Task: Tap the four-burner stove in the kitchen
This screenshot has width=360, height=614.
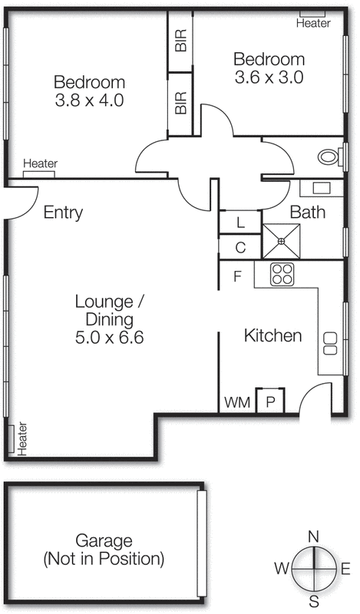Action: tap(282, 273)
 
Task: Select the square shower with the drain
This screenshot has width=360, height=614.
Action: tap(282, 241)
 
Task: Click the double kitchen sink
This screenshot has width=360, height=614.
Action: tap(332, 342)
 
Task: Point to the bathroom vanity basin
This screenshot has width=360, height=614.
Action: tap(321, 187)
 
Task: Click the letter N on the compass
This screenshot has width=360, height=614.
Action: tap(313, 536)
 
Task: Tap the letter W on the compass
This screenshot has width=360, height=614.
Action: tap(282, 569)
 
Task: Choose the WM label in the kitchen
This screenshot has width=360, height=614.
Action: tap(236, 402)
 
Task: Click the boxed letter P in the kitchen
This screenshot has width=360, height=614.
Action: tap(270, 401)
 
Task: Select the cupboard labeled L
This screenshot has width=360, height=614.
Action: tap(240, 223)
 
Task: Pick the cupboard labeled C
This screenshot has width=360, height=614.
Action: tap(240, 248)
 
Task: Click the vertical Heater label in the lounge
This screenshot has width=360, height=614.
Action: tap(22, 438)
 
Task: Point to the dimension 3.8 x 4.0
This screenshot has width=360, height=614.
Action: tap(89, 100)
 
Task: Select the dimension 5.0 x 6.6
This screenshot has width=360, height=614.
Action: tap(110, 336)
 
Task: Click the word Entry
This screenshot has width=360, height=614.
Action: tap(63, 213)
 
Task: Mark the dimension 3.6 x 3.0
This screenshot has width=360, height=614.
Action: tap(269, 77)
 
